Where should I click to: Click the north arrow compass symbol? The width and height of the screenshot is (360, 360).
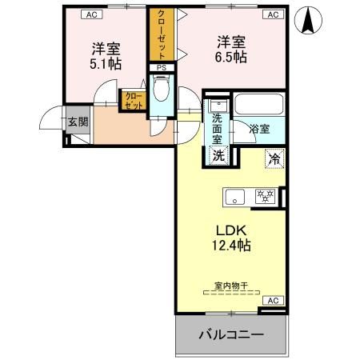pyautogui.click(x=306, y=22)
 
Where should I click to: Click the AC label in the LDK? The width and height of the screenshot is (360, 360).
pyautogui.click(x=272, y=300)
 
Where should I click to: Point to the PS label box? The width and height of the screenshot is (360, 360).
pyautogui.click(x=161, y=69)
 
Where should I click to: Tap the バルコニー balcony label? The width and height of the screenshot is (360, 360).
pyautogui.click(x=231, y=334)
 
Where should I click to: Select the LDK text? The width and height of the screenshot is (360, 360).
pyautogui.click(x=230, y=227)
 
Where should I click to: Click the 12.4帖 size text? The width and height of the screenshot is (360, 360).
pyautogui.click(x=230, y=245)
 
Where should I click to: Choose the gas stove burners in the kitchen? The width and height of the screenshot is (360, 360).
pyautogui.click(x=264, y=195)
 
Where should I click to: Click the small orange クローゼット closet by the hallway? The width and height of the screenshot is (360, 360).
pyautogui.click(x=131, y=101)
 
